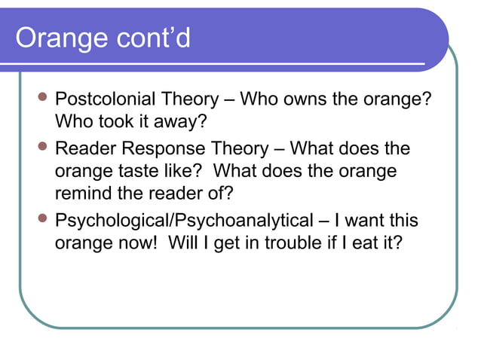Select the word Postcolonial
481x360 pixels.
tap(106, 99)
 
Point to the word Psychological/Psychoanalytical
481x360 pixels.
tap(184, 221)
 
